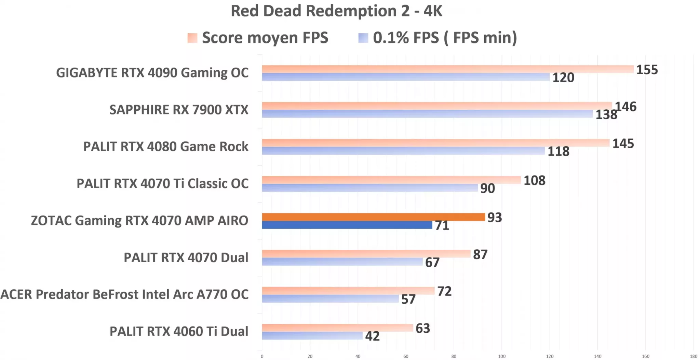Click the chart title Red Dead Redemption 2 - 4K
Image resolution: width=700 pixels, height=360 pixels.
336,11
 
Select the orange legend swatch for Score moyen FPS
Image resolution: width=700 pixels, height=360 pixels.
192,38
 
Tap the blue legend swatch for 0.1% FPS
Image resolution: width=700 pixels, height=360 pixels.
363,38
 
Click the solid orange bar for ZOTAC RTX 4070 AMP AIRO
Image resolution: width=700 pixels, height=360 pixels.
373,217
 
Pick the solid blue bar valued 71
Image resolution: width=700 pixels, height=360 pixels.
347,225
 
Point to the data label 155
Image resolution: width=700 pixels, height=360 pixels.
647,70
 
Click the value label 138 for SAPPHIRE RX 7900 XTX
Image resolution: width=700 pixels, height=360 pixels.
606,115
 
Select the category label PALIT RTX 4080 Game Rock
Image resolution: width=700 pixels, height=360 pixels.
166,147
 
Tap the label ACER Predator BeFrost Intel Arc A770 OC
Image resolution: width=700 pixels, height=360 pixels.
124,294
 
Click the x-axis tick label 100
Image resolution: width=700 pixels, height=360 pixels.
502,356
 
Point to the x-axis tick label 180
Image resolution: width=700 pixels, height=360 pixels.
694,356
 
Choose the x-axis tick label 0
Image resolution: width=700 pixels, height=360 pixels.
262,356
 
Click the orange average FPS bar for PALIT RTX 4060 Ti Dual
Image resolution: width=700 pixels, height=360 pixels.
337,328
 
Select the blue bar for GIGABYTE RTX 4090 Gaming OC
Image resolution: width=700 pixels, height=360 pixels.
406,77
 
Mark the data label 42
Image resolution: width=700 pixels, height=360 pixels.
372,336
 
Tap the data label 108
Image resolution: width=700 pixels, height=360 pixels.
534,180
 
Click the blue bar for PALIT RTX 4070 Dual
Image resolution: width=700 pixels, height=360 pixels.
342,262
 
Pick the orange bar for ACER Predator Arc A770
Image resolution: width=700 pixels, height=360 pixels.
348,291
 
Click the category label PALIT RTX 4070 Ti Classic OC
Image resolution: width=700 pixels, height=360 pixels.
162,184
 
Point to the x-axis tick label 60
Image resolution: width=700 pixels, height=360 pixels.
406,356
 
